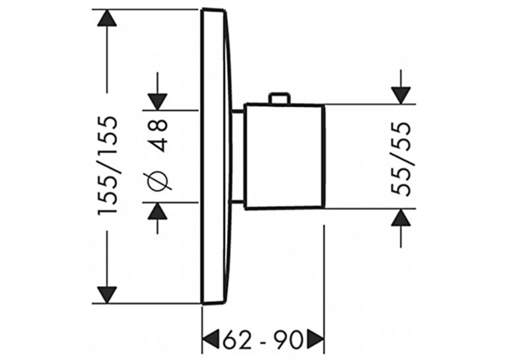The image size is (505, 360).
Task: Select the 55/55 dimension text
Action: (401, 159)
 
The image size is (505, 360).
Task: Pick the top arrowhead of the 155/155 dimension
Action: (107, 18)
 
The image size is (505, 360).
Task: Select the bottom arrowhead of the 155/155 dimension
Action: (107, 295)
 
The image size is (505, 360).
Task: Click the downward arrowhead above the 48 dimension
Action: (157, 102)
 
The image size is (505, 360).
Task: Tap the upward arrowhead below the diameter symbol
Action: (157, 211)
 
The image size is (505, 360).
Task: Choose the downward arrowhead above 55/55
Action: (401, 96)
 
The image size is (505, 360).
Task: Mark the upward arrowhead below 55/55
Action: (401, 217)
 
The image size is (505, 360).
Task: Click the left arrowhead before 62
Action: (211, 339)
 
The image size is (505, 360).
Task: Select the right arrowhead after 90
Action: (315, 339)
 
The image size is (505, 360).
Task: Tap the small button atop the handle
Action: (279, 98)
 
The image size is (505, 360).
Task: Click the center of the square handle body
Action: (284, 157)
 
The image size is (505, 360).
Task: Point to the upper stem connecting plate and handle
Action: (238, 112)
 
